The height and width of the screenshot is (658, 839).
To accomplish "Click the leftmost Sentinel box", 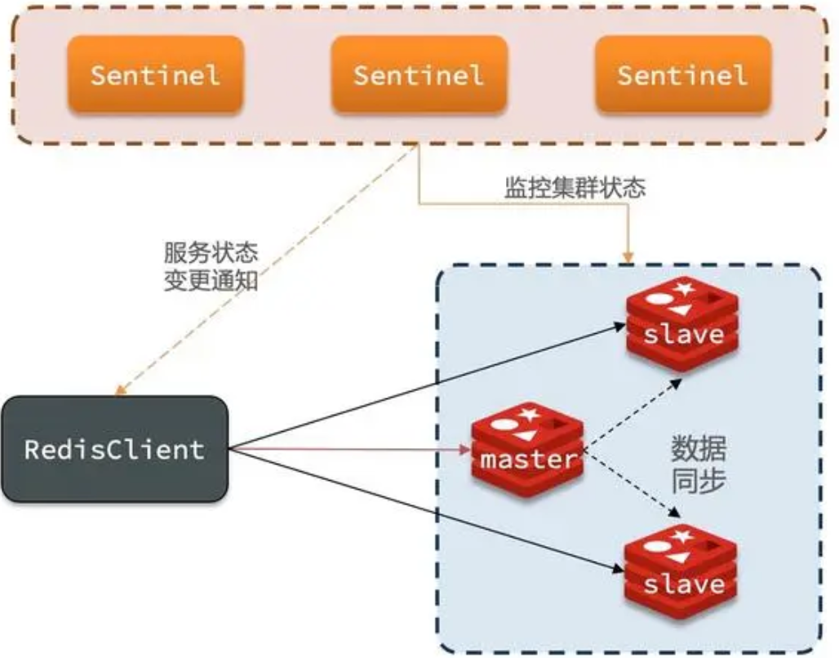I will pos(155,74).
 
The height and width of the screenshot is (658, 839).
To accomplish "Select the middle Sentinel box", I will pos(419,74).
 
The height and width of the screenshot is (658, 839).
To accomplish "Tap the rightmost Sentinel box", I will pos(682,74).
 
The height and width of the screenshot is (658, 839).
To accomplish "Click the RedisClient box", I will pos(113,448).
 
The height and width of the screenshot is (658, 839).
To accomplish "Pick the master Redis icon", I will pos(526,448).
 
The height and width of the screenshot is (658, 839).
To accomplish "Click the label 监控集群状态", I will pos(575,189).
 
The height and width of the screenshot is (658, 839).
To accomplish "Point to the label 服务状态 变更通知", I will pos(211,266).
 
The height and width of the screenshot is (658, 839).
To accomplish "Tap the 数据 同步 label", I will pos(699,464).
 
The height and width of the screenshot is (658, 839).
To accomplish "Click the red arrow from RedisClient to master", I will pos(351,448).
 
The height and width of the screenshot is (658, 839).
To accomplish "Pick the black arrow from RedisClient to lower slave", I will pos(424,507).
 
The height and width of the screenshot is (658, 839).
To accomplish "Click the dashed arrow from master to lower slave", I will pos(633,485).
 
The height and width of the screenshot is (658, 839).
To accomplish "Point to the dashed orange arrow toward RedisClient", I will pos(269,269).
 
